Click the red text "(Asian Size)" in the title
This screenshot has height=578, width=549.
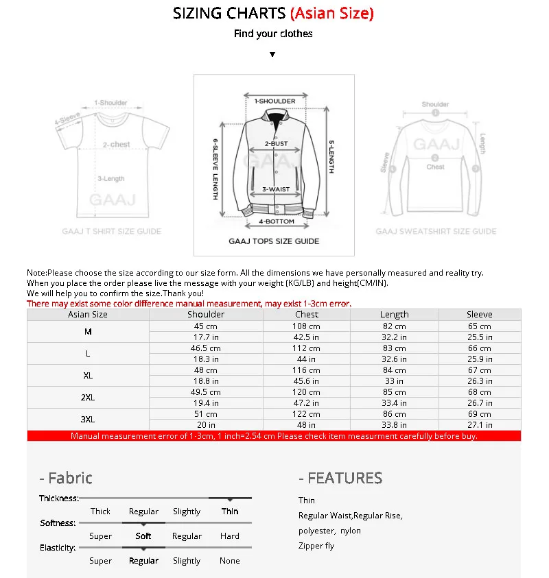pyautogui.click(x=332, y=13)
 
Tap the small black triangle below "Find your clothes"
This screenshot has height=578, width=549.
pyautogui.click(x=272, y=54)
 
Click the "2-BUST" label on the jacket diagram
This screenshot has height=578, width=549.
pyautogui.click(x=276, y=144)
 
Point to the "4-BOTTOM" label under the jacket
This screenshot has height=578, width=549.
pyautogui.click(x=276, y=221)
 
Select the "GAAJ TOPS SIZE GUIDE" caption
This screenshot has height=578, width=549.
pyautogui.click(x=274, y=241)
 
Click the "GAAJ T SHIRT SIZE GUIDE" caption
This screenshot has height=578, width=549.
pyautogui.click(x=111, y=232)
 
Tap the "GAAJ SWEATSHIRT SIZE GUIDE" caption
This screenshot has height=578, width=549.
pyautogui.click(x=436, y=232)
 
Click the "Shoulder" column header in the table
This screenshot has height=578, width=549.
pyautogui.click(x=206, y=315)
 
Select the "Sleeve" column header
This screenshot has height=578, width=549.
pyautogui.click(x=479, y=315)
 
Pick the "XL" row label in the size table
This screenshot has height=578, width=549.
pyautogui.click(x=88, y=376)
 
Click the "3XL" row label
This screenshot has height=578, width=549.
pyautogui.click(x=88, y=420)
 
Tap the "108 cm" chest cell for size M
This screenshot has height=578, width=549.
pyautogui.click(x=306, y=326)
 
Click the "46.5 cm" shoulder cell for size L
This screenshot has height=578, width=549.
pyautogui.click(x=206, y=348)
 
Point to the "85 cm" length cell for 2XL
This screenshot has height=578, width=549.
pyautogui.click(x=394, y=392)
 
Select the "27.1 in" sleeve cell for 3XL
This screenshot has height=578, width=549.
pyautogui.click(x=479, y=425)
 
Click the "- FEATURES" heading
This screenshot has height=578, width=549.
pyautogui.click(x=340, y=478)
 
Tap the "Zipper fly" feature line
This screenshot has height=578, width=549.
pyautogui.click(x=316, y=546)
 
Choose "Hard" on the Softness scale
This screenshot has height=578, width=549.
pyautogui.click(x=230, y=536)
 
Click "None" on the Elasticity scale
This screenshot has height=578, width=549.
pyautogui.click(x=230, y=561)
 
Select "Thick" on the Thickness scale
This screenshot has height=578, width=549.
pyautogui.click(x=100, y=511)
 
